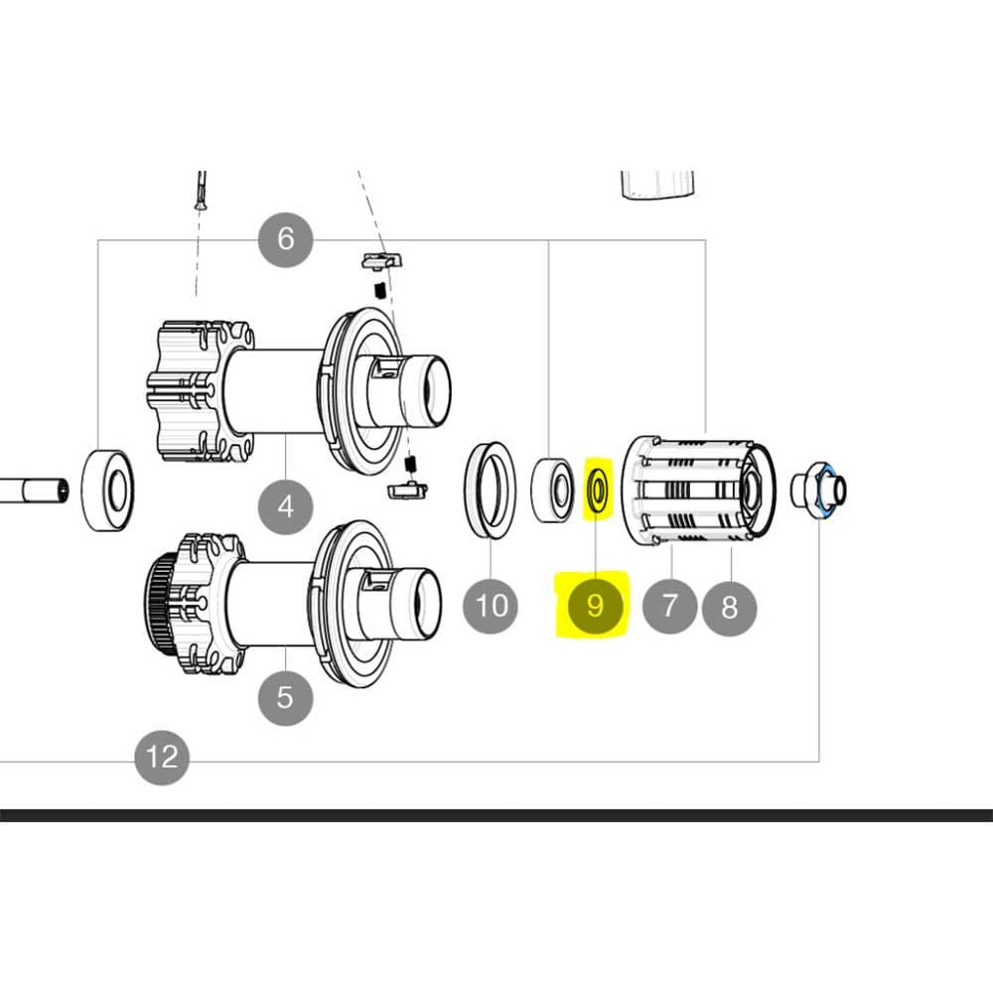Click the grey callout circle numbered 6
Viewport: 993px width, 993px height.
(x=286, y=239)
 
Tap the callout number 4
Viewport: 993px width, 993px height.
(x=286, y=507)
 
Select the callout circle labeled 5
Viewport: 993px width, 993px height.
(x=286, y=697)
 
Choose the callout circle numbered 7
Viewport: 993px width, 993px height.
(x=669, y=605)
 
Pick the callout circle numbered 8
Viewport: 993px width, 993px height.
(x=730, y=607)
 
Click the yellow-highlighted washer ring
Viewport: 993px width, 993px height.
(x=598, y=491)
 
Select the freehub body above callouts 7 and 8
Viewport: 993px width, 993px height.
(x=700, y=490)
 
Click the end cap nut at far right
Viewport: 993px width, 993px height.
(x=819, y=490)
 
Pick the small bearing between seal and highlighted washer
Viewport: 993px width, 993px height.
(x=552, y=490)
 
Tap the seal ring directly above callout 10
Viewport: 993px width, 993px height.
(x=491, y=490)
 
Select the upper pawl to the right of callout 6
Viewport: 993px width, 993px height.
(x=382, y=260)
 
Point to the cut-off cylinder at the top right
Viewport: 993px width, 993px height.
(x=656, y=184)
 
